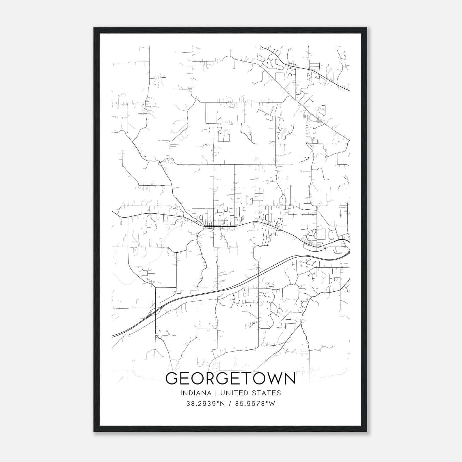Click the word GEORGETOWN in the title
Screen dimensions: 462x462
click(x=230, y=379)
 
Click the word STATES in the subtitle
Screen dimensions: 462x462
click(x=266, y=393)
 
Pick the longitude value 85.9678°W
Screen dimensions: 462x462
click(x=255, y=404)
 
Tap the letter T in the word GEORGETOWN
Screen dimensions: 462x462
click(x=247, y=379)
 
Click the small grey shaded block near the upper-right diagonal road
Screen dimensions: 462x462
click(x=318, y=121)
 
